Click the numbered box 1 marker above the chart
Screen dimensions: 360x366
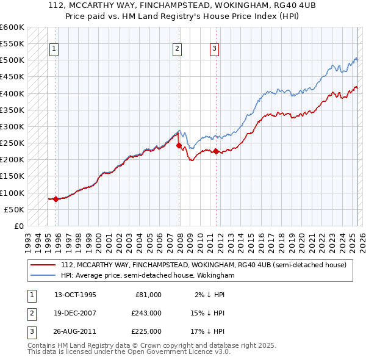[x=54, y=49]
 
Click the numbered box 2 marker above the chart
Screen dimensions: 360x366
[x=177, y=49]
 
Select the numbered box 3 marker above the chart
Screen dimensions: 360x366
[x=215, y=49]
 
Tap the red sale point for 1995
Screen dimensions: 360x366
[x=56, y=199]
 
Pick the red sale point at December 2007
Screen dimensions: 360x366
[x=179, y=145]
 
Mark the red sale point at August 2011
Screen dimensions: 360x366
[x=216, y=151]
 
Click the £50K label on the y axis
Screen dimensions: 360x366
[x=14, y=209]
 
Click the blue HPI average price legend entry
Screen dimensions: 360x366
[x=147, y=275]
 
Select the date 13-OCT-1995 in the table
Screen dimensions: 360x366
[x=75, y=295]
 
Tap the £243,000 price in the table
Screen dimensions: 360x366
[x=146, y=313]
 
